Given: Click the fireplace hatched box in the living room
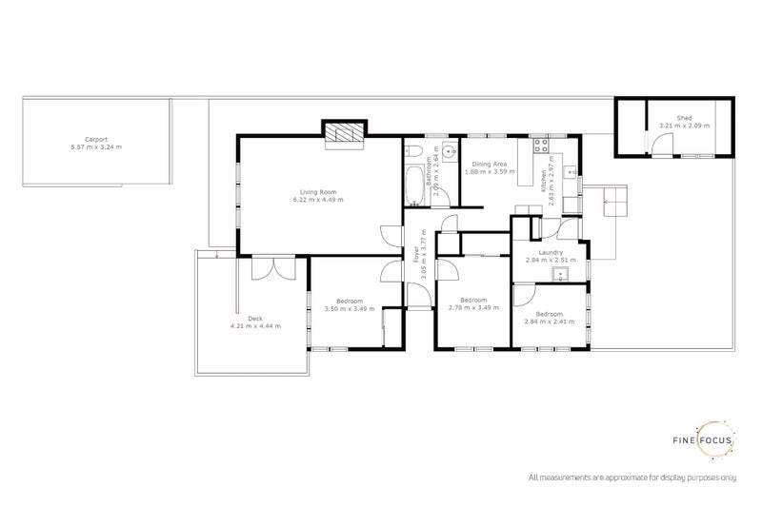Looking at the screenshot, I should (x=343, y=135).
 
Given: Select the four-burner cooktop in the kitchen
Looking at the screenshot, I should (x=540, y=146).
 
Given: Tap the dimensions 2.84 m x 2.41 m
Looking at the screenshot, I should (x=548, y=322).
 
